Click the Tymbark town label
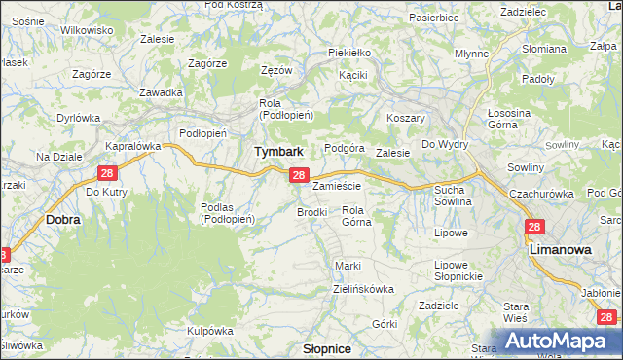[x=278, y=152]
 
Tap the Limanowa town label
[x=560, y=250]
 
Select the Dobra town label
[x=63, y=220]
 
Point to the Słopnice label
[x=328, y=347]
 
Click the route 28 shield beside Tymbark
[x=299, y=176]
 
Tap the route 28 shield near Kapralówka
[x=107, y=173]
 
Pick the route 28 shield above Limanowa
[x=533, y=227]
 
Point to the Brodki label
[x=311, y=211]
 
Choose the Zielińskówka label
[x=362, y=289]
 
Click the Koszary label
[x=407, y=115]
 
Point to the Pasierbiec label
[x=434, y=18]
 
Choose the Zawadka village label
[x=162, y=92]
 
